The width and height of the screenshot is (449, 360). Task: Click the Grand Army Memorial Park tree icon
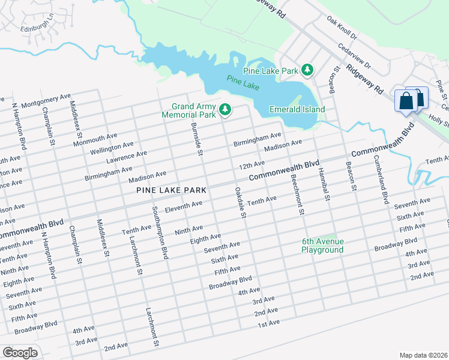225,109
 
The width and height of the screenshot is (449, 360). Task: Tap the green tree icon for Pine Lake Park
307,70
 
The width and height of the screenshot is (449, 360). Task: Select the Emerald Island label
297,109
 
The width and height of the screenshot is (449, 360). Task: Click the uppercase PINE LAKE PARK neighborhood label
171,190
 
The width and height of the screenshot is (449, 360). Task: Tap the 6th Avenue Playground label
322,245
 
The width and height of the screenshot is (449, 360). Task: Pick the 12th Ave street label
252,164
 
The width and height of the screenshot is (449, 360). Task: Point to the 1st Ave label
269,323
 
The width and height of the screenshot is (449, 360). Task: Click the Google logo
20,352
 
